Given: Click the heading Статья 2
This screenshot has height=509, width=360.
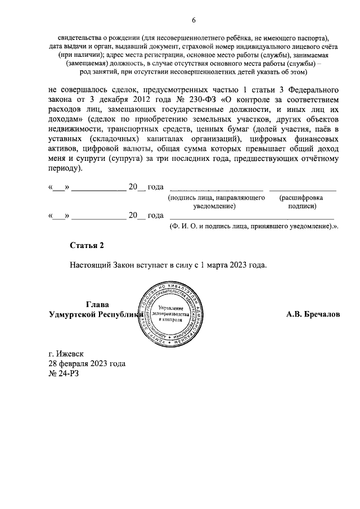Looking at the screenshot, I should click(87, 245).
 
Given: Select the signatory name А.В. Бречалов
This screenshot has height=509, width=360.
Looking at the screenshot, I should click(313, 315).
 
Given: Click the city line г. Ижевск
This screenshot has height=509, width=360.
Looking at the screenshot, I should click(66, 354).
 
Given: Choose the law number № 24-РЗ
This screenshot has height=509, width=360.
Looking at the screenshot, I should click(64, 373).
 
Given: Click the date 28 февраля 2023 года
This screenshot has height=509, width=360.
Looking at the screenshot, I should click(87, 364).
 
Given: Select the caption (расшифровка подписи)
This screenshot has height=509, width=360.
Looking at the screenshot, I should click(301, 202).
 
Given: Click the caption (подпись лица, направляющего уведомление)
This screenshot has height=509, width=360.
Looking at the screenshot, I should click(217, 202).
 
